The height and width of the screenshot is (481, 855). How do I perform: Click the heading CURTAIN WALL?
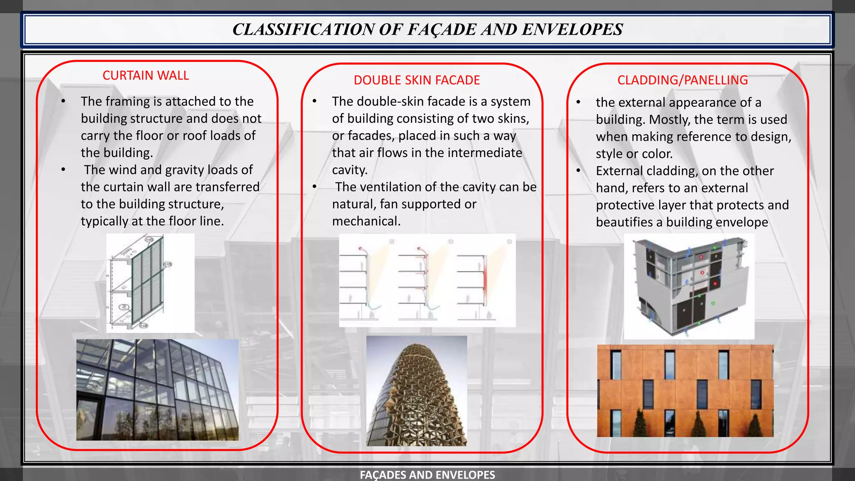click(146, 76)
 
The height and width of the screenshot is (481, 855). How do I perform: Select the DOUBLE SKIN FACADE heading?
click(417, 80)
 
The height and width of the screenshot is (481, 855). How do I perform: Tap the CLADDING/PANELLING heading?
click(682, 80)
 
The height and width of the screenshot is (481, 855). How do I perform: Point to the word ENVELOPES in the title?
click(572, 30)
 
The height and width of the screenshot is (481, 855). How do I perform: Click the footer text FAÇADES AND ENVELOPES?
click(427, 475)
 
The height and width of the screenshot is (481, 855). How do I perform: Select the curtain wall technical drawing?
click(150, 283)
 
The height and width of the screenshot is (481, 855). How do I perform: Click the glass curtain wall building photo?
click(157, 390)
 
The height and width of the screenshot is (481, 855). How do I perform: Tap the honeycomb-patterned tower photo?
click(417, 391)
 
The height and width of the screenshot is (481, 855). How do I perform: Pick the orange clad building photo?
click(685, 391)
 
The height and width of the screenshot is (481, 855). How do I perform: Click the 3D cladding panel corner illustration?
click(689, 286)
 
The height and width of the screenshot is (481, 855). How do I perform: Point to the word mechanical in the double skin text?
click(366, 221)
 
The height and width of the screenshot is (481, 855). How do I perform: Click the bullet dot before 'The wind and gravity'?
click(63, 170)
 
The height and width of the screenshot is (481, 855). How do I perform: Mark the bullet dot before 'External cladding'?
click(578, 171)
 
